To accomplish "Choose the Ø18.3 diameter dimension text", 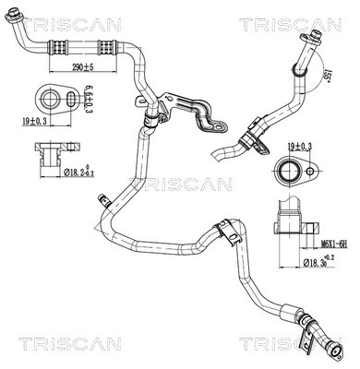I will (318, 264).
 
